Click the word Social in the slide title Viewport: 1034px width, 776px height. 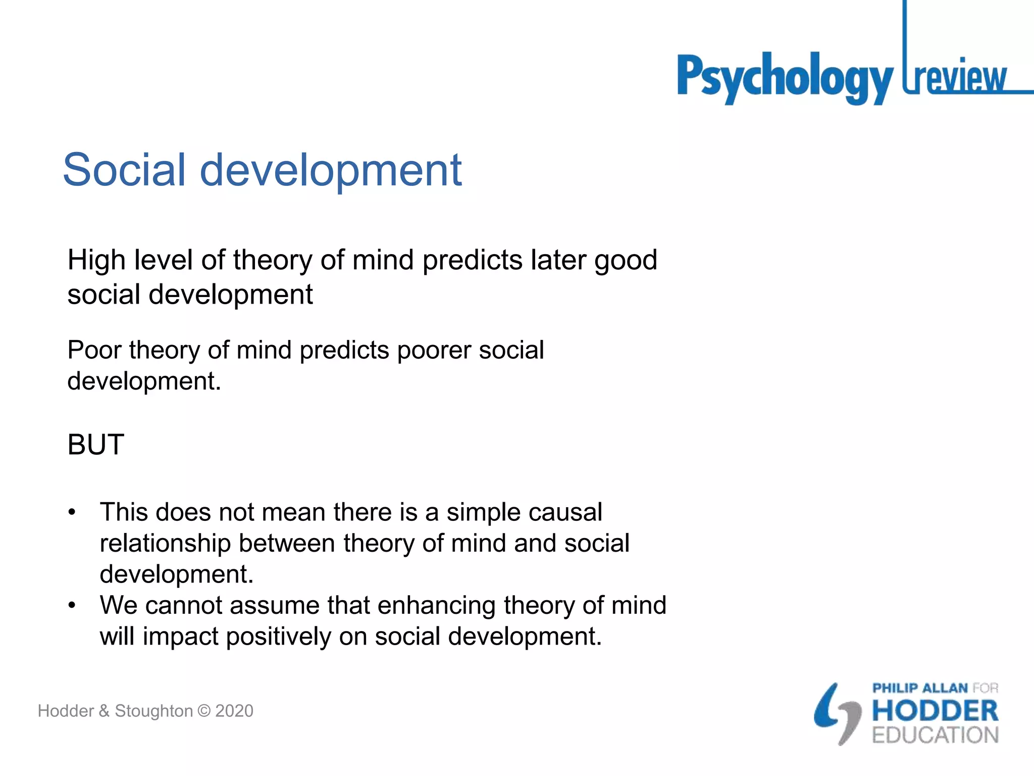pos(124,170)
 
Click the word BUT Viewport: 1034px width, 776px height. pos(95,445)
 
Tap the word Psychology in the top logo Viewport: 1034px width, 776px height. pos(785,78)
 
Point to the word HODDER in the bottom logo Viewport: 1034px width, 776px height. pos(935,711)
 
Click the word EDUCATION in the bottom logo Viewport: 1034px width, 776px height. pos(935,735)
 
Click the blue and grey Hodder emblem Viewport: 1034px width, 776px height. pos(837,713)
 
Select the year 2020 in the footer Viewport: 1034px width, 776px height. pos(234,711)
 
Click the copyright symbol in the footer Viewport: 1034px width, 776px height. pos(204,711)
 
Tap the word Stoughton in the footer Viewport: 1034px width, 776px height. pos(154,711)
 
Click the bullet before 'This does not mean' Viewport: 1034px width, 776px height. pos(72,512)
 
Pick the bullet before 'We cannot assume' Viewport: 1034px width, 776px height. pos(72,605)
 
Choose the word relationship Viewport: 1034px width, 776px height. pos(165,544)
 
